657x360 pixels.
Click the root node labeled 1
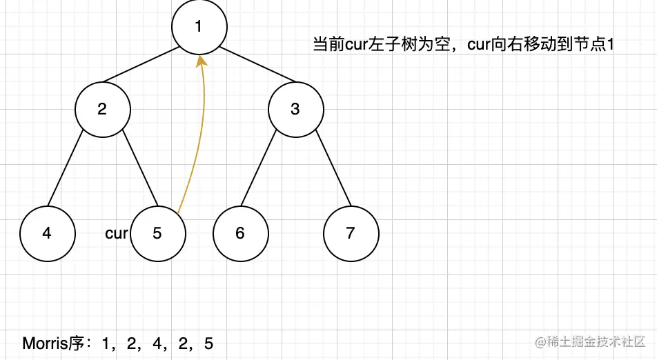point(199,27)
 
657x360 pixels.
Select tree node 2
point(102,109)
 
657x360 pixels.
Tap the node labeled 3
point(295,109)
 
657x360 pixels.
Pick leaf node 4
point(47,233)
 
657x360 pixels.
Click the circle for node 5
point(157,233)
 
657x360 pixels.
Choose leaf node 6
point(240,233)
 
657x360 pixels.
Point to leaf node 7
point(351,233)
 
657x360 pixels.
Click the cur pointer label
point(116,233)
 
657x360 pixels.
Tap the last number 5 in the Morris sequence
point(209,343)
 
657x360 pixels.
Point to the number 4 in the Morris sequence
point(159,343)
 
